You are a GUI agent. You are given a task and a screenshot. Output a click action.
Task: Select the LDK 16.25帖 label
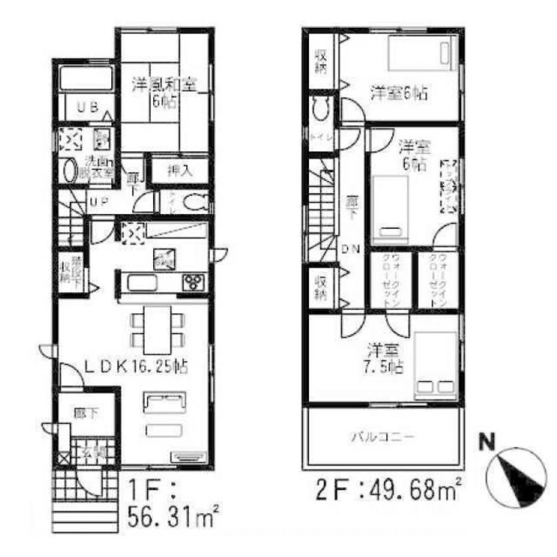[135, 367]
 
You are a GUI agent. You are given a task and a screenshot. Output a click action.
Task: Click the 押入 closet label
[179, 171]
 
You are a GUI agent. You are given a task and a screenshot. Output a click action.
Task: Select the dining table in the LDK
[158, 329]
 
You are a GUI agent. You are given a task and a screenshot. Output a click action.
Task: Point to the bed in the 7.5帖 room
[436, 366]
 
